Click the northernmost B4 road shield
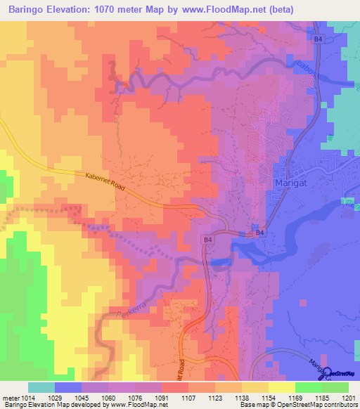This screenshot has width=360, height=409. point(319,40)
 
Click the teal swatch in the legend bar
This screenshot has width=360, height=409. point(41,387)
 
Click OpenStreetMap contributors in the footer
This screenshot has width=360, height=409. point(319,405)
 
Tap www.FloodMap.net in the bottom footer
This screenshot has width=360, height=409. point(136,405)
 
